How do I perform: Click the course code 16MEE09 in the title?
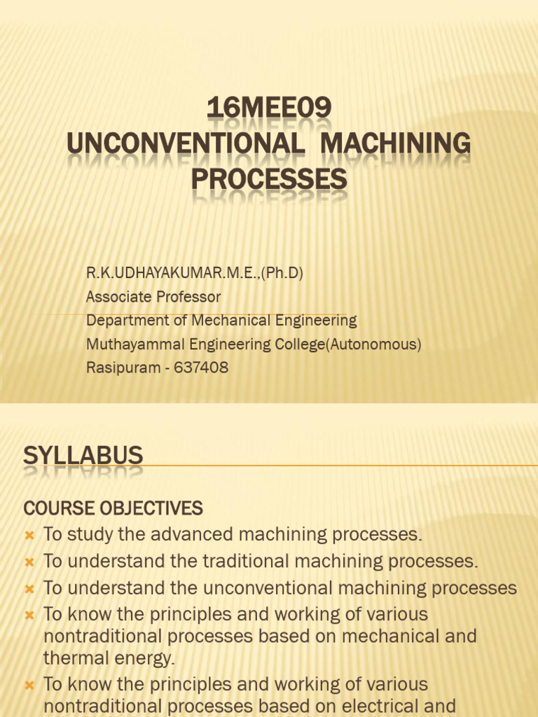269,109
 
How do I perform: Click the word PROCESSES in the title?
269,180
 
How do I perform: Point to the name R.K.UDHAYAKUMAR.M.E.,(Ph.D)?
195,273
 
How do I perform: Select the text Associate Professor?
153,297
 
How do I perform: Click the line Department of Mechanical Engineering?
221,321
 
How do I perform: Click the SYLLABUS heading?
83,457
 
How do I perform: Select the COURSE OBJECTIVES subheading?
113,508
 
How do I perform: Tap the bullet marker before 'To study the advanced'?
29,536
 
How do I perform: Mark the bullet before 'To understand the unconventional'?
29,589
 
